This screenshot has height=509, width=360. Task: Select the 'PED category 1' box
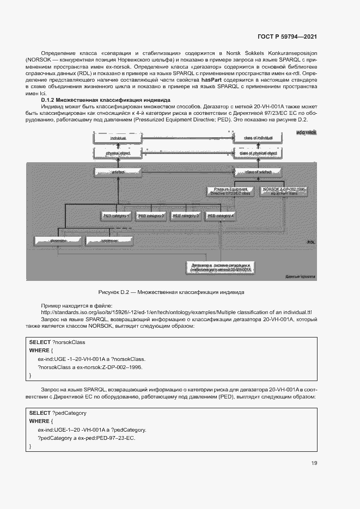click(x=116, y=216)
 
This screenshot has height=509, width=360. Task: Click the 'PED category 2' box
click(x=151, y=216)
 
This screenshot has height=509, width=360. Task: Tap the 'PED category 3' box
click(x=186, y=216)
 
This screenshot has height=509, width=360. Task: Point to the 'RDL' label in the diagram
click(x=311, y=242)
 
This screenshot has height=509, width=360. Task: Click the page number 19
click(x=314, y=463)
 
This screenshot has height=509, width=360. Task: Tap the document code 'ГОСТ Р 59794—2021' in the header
click(x=287, y=36)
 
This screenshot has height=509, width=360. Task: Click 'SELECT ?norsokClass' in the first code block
click(x=57, y=342)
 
